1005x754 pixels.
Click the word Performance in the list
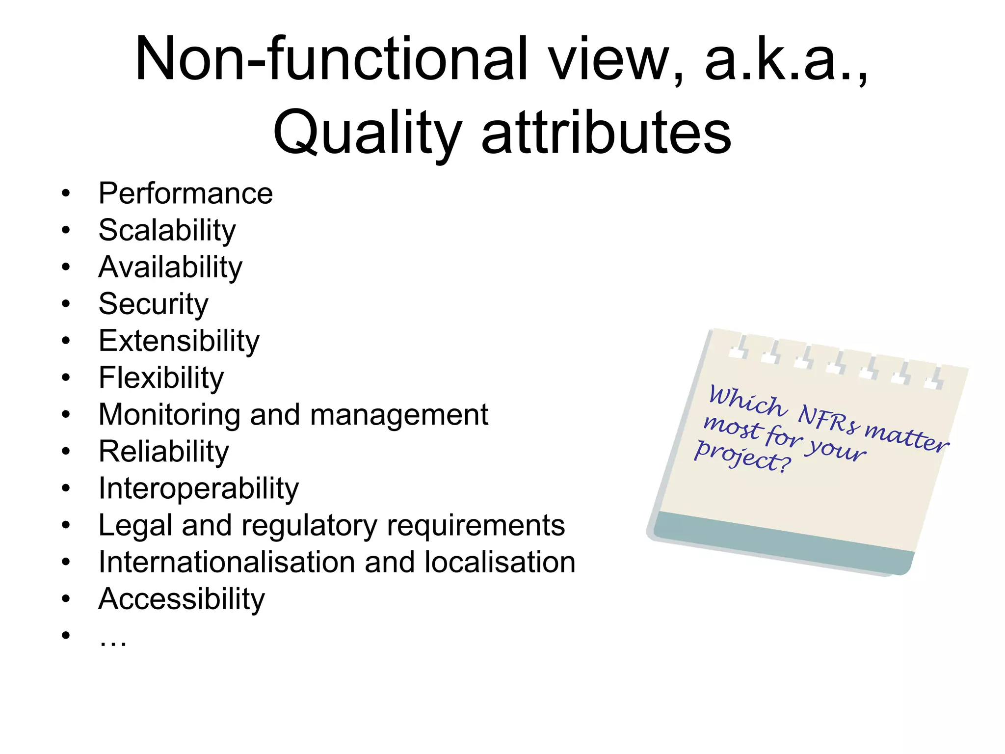185,193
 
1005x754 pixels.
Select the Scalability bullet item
167,230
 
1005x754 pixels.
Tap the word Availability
170,268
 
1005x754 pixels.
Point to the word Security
153,304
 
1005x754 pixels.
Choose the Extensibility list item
179,341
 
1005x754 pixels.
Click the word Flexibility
161,378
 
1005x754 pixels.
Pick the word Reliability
163,452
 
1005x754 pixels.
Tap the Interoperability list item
198,489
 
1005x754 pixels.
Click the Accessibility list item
181,599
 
